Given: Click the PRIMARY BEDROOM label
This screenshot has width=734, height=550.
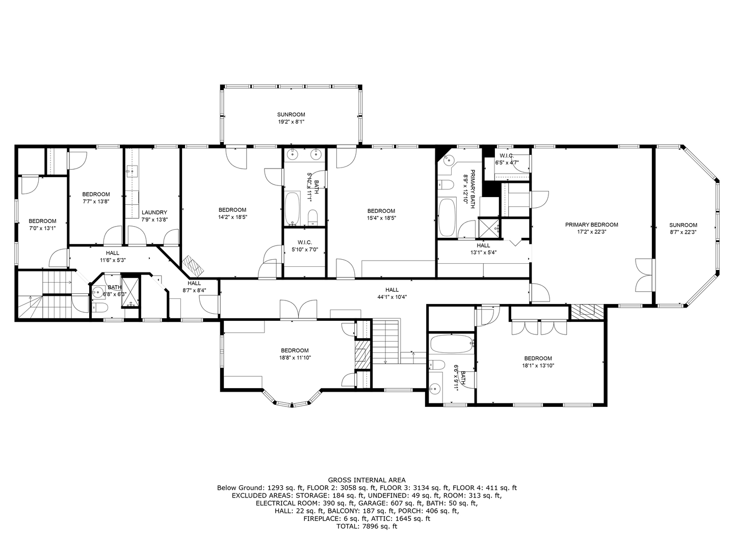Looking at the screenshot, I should click(x=591, y=225).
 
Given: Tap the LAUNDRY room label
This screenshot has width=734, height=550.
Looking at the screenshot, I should click(x=154, y=212).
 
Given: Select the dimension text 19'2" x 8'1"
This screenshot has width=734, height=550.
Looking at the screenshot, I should click(x=291, y=122).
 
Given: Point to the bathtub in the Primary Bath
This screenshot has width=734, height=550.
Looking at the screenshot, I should click(x=447, y=217).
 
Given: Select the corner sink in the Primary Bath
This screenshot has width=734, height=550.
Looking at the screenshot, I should click(x=448, y=160).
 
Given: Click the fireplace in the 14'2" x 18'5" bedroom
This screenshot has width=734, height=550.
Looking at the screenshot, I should click(x=195, y=264).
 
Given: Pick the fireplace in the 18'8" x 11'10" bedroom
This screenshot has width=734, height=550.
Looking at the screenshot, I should click(x=362, y=352).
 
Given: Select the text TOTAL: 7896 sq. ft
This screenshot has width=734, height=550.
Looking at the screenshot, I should click(x=366, y=527).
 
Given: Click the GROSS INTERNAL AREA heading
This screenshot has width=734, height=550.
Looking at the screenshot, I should click(x=366, y=480).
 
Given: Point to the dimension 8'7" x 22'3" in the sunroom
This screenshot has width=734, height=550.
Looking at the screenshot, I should click(x=683, y=232).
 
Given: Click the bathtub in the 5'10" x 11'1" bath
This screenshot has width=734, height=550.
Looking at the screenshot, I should click(x=293, y=209).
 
